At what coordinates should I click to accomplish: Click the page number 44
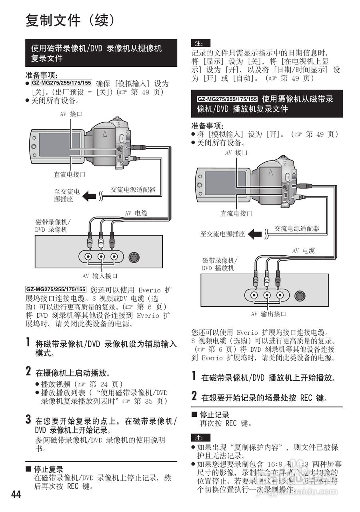16,495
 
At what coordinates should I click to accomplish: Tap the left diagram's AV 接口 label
71,114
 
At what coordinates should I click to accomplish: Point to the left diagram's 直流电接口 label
70,174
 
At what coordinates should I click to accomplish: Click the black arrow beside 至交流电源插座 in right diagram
255,234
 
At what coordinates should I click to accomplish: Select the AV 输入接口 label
100,276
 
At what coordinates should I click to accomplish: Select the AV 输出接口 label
268,314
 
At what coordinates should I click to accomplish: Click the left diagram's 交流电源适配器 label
133,190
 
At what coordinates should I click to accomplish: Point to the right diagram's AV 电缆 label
303,251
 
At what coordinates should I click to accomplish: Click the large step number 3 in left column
28,420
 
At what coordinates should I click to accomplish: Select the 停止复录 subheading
48,469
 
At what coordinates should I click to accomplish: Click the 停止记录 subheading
214,415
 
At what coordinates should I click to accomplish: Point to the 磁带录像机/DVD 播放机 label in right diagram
220,264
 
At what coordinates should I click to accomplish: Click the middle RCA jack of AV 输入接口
101,256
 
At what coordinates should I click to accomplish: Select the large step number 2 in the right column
194,396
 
